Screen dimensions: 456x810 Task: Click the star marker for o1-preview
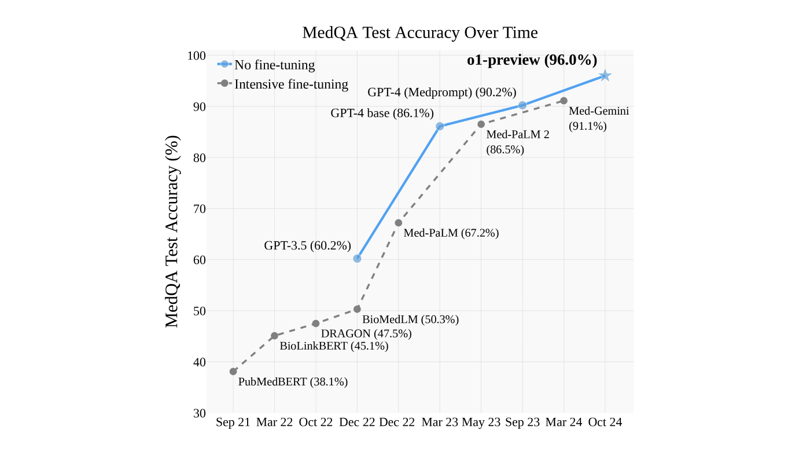605,76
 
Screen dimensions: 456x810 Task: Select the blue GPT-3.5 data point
357,259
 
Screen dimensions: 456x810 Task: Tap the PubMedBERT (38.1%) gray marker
233,372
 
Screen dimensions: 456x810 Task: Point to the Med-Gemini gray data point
564,101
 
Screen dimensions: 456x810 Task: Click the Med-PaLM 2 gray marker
481,124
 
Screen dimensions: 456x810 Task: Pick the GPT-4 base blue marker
440,126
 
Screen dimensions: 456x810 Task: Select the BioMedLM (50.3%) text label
410,319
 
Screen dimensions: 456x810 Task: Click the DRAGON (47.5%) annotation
366,333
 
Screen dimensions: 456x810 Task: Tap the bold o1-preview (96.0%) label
532,60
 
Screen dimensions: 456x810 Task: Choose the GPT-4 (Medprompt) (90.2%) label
441,92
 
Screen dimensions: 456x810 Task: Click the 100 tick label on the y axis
197,56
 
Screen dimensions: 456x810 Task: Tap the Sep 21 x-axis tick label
233,422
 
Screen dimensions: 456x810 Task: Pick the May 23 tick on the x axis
481,422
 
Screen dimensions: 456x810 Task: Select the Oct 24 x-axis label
605,422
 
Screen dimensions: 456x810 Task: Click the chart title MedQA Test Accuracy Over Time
420,32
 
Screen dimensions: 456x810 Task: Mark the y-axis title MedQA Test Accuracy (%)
172,231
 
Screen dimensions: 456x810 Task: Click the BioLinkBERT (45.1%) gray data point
274,336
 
